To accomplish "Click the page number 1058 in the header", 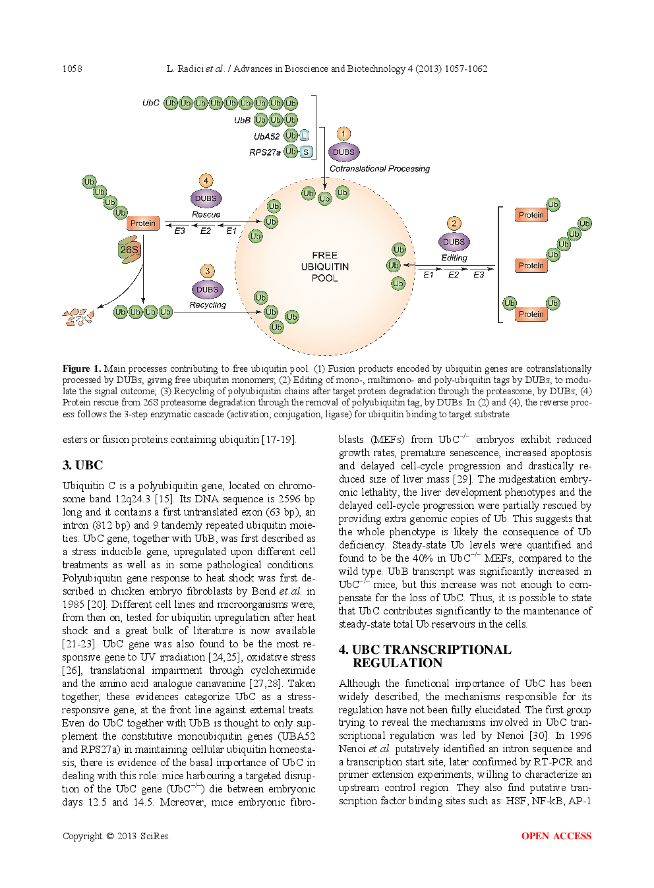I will click(72, 69).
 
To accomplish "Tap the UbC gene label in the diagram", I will click(150, 103).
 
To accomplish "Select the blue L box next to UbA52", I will click(304, 136).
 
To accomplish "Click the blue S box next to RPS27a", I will click(306, 152).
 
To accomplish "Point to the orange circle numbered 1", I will click(343, 134).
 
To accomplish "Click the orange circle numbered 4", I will click(206, 181).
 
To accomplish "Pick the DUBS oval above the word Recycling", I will click(207, 289).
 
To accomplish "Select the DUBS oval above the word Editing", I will click(454, 242).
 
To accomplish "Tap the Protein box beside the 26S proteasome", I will click(142, 223).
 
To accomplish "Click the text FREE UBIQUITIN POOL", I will click(324, 266).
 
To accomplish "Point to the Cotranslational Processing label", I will click(379, 169).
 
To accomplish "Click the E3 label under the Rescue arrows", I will click(179, 231).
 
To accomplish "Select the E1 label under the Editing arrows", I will click(429, 275).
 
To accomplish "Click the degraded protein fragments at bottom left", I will click(78, 318).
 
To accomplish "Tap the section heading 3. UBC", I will click(82, 465).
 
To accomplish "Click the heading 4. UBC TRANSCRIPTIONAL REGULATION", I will click(425, 656).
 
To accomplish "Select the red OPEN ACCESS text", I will click(556, 836).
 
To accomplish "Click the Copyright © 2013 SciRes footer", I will click(115, 836).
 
